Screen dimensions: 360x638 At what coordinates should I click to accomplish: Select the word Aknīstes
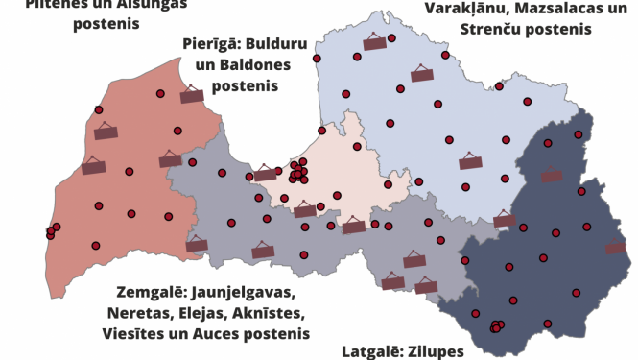pyautogui.click(x=271, y=313)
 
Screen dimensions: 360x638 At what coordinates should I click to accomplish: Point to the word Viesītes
pyautogui.click(x=134, y=334)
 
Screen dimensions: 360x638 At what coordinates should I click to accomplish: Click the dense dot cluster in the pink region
pyautogui.click(x=297, y=173)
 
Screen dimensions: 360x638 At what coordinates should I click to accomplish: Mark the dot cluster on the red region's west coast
pyautogui.click(x=52, y=231)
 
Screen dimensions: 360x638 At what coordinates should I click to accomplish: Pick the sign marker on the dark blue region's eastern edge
pyautogui.click(x=616, y=248)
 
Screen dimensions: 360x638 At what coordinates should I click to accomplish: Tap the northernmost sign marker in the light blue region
pyautogui.click(x=374, y=41)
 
